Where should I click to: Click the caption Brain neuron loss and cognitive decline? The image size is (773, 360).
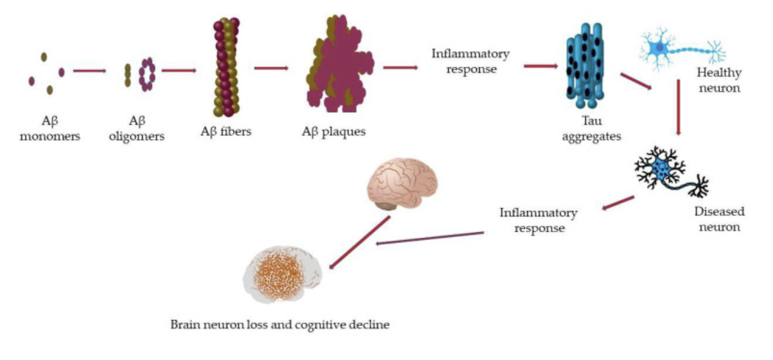click(x=280, y=325)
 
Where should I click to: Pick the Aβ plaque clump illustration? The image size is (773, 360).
click(x=336, y=65)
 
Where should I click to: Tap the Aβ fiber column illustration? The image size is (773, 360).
click(x=226, y=67)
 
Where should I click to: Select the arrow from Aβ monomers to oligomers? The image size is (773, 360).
click(x=90, y=71)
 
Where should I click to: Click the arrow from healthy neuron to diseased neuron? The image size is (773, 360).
click(x=678, y=108)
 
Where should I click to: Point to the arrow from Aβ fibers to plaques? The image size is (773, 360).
click(x=272, y=68)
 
